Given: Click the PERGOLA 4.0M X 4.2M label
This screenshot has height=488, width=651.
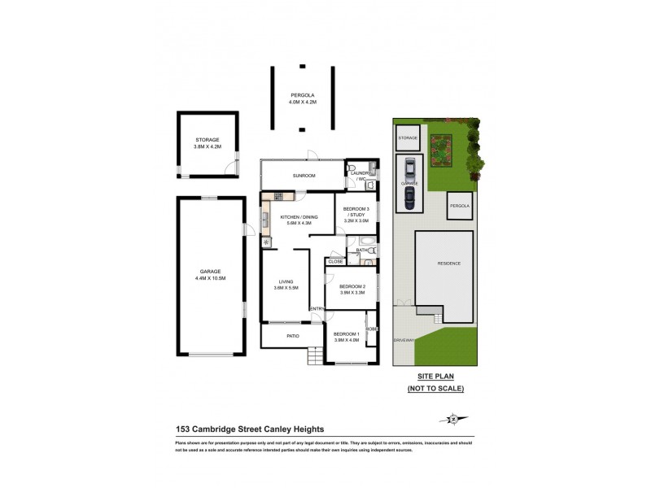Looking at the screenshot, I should (302, 98).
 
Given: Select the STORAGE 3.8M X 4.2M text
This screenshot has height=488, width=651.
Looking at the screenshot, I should (207, 143).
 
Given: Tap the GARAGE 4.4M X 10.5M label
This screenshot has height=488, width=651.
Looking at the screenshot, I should (211, 274).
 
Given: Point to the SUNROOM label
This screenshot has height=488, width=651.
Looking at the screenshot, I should (305, 176).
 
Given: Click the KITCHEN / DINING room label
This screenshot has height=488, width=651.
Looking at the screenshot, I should (299, 220).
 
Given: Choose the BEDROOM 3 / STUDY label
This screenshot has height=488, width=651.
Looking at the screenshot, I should (356, 215).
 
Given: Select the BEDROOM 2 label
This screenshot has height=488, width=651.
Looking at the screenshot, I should (351, 290).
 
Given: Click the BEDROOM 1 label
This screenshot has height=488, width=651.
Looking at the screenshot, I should (346, 337).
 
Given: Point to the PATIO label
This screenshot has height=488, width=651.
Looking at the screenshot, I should (291, 336).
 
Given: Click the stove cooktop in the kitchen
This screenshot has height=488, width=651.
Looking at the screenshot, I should (277, 196).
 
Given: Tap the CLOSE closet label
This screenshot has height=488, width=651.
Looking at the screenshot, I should (335, 262).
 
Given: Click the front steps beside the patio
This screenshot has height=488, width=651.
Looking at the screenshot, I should (315, 355).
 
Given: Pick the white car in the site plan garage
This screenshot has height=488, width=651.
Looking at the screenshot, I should (409, 169).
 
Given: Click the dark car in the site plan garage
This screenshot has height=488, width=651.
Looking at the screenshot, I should (409, 197).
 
